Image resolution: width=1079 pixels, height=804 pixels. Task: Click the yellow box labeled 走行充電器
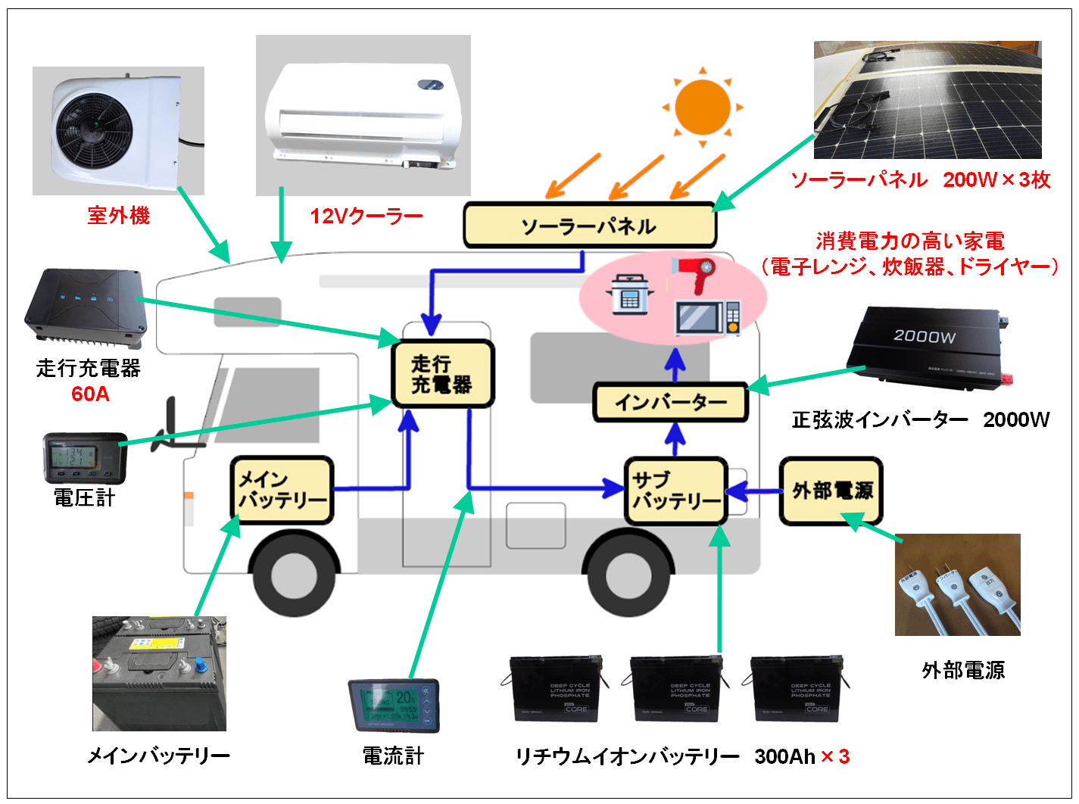[442, 374]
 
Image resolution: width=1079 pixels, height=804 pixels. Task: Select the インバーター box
[670, 402]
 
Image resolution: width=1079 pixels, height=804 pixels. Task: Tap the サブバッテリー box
[675, 491]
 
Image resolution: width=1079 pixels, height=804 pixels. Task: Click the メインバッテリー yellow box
[282, 490]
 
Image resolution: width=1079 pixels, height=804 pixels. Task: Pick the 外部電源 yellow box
[831, 491]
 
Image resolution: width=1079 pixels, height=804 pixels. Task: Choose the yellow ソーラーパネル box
[589, 226]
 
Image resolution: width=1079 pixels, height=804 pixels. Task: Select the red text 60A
[90, 394]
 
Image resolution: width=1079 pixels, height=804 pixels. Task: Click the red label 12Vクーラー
[366, 217]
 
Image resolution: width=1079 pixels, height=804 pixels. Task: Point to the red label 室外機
[118, 216]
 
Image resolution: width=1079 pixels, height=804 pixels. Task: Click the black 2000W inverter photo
[928, 348]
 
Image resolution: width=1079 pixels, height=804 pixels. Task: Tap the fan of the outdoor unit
[95, 130]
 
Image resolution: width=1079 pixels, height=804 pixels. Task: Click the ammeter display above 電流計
[393, 705]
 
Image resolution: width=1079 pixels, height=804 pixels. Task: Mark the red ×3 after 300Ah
[835, 756]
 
